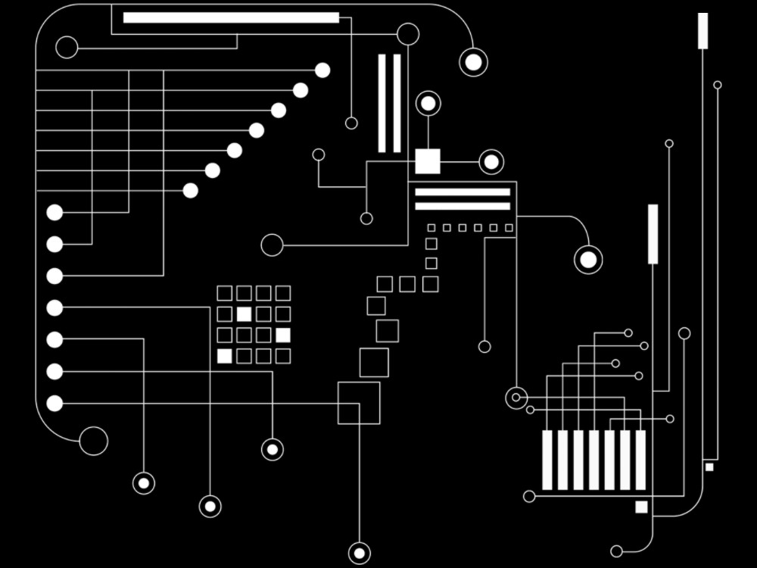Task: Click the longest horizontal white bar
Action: (231, 17)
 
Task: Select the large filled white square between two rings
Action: (428, 161)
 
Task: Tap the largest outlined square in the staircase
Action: (359, 403)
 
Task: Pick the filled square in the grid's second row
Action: (244, 314)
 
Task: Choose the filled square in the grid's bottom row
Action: (224, 356)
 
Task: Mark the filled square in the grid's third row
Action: (283, 335)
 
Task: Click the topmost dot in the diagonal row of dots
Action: (322, 70)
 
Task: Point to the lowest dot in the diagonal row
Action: (191, 191)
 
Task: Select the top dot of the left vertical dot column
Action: (55, 213)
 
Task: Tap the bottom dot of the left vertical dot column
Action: (55, 404)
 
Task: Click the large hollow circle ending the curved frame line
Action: (93, 441)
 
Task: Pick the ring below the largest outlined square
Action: (359, 552)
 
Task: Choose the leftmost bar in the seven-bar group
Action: (547, 460)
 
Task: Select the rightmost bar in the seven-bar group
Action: (640, 460)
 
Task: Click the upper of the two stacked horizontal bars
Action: (463, 192)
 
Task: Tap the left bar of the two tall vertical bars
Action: (382, 103)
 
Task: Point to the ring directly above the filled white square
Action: (428, 103)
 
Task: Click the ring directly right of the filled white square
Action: (491, 161)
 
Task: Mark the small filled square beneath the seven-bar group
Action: (641, 507)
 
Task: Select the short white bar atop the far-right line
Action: (703, 30)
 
